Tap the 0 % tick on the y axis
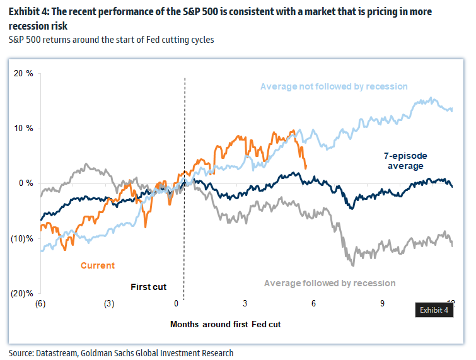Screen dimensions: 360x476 tap(26, 183)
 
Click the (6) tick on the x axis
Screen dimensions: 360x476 tap(41, 303)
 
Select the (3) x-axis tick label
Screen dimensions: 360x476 tap(109, 303)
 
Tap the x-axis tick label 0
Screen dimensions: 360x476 tap(177, 303)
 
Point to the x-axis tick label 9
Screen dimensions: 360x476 tap(382, 303)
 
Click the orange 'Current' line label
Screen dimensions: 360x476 tap(97, 265)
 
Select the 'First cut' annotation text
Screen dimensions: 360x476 tap(148, 287)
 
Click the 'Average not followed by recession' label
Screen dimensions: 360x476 tap(334, 86)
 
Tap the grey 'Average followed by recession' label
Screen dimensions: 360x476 tap(330, 283)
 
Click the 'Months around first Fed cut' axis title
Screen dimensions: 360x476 tap(225, 324)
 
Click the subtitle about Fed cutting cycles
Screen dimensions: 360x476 tap(111, 40)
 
